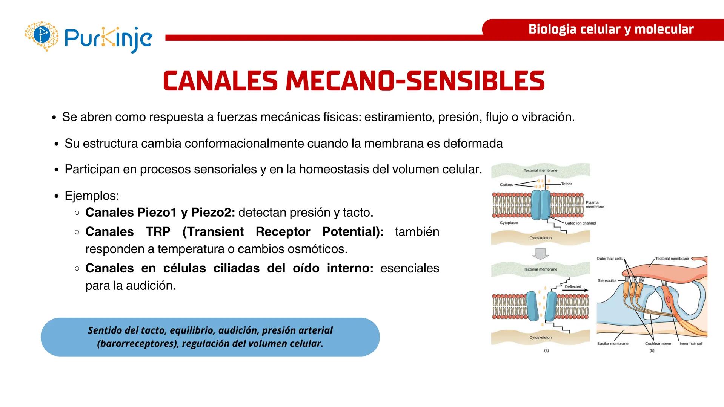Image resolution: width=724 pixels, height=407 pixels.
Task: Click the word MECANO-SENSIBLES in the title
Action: coord(415,81)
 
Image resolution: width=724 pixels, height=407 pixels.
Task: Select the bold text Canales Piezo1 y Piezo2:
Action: coord(160,213)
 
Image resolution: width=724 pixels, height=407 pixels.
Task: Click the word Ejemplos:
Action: coord(92,196)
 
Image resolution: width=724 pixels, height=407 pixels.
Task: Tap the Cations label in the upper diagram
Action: coord(506,185)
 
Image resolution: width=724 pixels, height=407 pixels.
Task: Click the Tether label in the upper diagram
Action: coord(566,184)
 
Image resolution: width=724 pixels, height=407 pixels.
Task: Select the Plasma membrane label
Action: coord(595,205)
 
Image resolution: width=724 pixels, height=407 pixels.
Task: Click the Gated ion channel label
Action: coord(580,223)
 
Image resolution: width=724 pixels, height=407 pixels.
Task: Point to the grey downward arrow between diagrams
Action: coord(540,254)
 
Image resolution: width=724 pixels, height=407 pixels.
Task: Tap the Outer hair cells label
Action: coord(609,259)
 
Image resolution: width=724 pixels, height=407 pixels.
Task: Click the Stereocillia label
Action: coord(607,280)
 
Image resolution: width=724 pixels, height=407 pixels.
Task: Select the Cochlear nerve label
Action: coord(658,344)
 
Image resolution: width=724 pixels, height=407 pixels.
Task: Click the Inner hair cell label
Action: coord(691,344)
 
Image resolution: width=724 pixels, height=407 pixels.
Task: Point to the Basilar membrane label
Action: coord(613,344)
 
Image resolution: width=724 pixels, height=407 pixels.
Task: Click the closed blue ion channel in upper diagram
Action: coord(541,205)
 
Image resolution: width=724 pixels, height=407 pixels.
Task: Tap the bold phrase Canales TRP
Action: coord(128,231)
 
